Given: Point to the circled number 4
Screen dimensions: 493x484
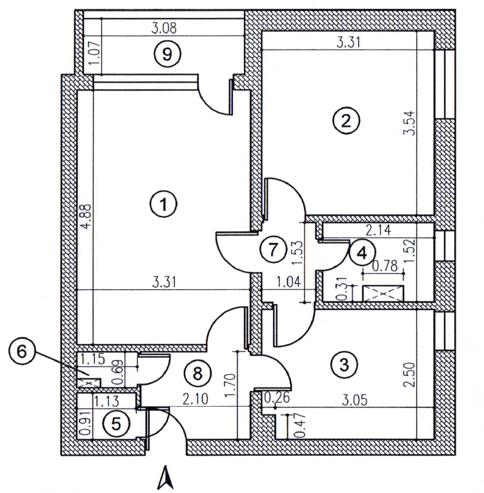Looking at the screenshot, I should click(361, 252).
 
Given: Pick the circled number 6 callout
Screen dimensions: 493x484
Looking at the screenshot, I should click(23, 352).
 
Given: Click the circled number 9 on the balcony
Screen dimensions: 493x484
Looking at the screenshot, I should click(166, 54).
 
